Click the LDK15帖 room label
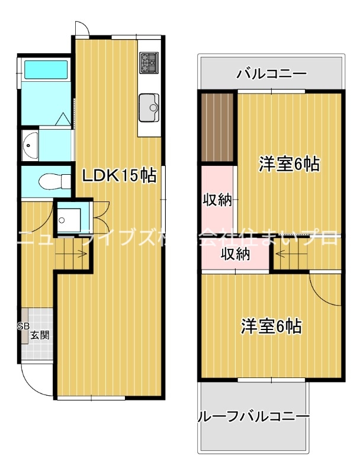tap(118, 175)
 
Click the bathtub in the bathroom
tap(46, 69)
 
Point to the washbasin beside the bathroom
tap(30, 144)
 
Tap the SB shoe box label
tap(23, 326)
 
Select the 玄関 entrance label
tap(40, 335)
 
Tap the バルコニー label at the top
tap(271, 74)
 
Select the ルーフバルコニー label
tap(253, 417)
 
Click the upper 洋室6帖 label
tap(289, 164)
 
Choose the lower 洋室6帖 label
tap(271, 325)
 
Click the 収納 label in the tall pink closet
tap(217, 200)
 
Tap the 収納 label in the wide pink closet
tap(235, 255)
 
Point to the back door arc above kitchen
tap(82, 28)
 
